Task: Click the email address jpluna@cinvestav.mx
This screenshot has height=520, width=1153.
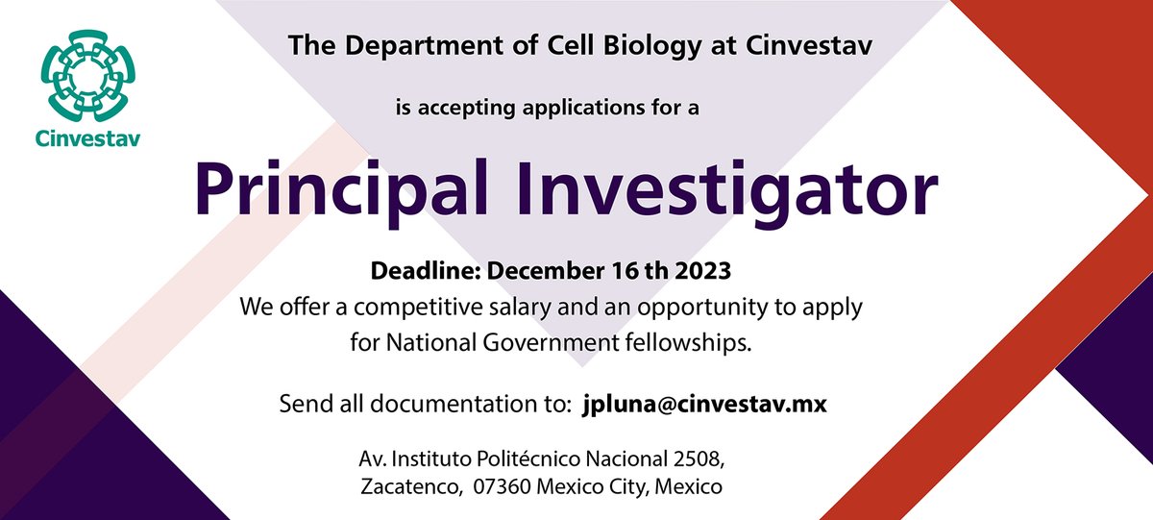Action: [704, 405]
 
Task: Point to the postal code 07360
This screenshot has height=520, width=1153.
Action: [503, 487]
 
